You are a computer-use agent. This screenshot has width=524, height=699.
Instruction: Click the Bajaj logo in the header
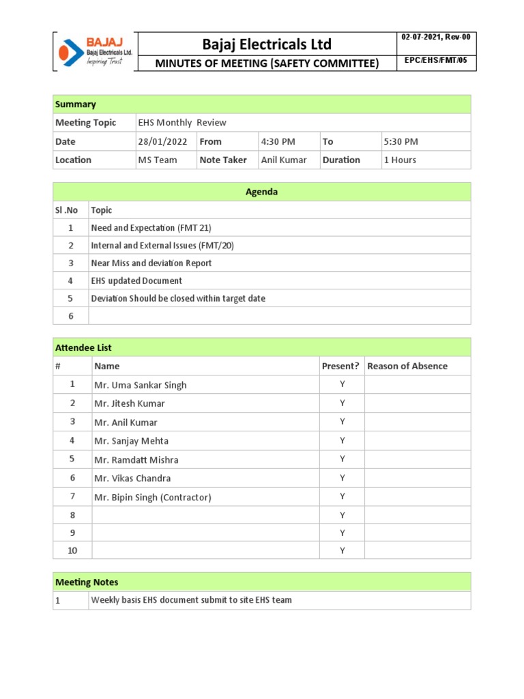tap(94, 51)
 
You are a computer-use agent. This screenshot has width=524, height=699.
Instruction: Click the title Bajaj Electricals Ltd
tap(267, 44)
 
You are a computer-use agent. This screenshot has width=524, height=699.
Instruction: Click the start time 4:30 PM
tap(278, 141)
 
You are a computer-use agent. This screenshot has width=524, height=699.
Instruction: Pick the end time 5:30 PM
tap(401, 141)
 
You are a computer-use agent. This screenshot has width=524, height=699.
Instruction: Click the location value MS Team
tap(157, 160)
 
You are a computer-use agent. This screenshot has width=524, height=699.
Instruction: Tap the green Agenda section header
tap(261, 192)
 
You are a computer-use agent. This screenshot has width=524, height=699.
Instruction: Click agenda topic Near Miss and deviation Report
tap(151, 263)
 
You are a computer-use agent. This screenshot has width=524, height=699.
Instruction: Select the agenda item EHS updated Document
tap(136, 281)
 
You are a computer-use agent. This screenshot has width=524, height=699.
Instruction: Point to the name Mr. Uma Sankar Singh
tap(140, 385)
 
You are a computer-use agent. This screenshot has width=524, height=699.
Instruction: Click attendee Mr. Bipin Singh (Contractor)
tap(153, 498)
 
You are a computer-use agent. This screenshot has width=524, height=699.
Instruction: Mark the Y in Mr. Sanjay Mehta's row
tap(342, 440)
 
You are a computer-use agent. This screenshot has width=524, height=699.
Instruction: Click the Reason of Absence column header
tap(407, 366)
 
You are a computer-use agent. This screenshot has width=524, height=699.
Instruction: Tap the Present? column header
tap(340, 366)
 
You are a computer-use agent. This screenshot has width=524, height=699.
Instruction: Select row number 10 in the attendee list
tap(72, 550)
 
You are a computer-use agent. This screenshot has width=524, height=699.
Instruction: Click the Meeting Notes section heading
tap(87, 582)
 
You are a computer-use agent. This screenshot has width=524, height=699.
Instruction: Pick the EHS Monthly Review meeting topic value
tap(182, 123)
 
